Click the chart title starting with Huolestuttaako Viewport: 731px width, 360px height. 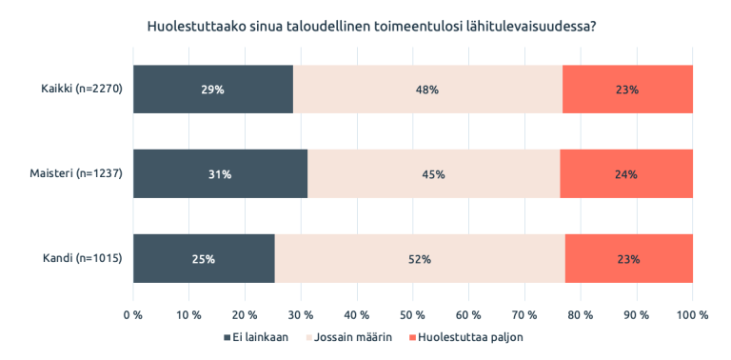371,26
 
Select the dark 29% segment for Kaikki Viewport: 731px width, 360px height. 212,90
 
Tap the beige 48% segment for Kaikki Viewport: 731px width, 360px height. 427,90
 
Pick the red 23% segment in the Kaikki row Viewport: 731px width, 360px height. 627,90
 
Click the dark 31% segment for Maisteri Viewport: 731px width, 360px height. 220,174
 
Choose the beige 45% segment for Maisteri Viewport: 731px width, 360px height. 433,174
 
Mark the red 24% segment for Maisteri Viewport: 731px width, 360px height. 626,174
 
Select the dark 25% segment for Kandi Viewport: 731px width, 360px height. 204,258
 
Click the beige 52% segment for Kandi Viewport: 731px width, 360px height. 420,258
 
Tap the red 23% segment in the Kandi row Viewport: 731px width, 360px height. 628,258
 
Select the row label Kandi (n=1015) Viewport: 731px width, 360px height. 80,258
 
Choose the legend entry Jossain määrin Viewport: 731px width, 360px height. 348,337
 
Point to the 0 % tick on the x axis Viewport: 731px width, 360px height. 133,314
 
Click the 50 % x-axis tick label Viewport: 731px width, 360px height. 412,314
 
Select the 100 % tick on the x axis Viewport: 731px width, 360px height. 692,314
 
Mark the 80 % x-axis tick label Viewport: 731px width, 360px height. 581,314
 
